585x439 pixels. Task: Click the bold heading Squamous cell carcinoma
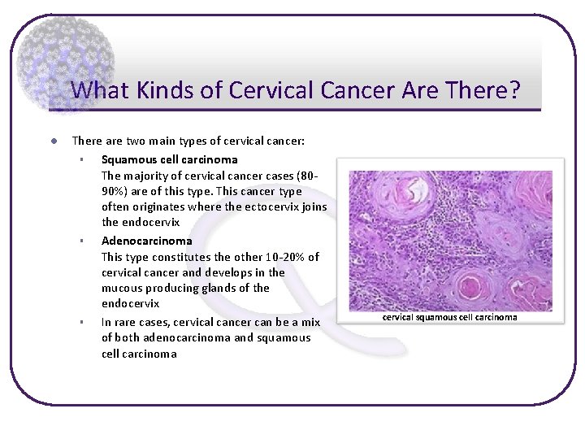(169, 159)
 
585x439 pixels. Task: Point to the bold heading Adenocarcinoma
(147, 241)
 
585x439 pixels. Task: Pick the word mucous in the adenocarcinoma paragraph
(121, 288)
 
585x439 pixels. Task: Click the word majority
(149, 176)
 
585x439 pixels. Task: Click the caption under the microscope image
(449, 317)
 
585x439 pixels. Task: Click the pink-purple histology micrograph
(449, 240)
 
